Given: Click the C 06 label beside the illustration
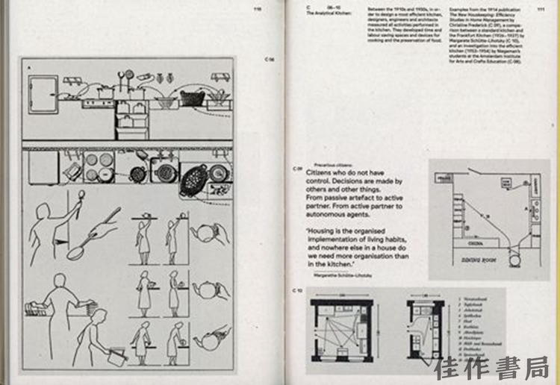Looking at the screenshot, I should coord(270,58).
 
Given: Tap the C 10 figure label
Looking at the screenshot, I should coord(297,289).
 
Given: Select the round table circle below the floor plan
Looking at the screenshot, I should coord(513,260).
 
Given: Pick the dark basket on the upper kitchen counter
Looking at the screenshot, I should coord(192,98).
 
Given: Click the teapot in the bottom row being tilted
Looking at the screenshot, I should coord(207,340).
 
